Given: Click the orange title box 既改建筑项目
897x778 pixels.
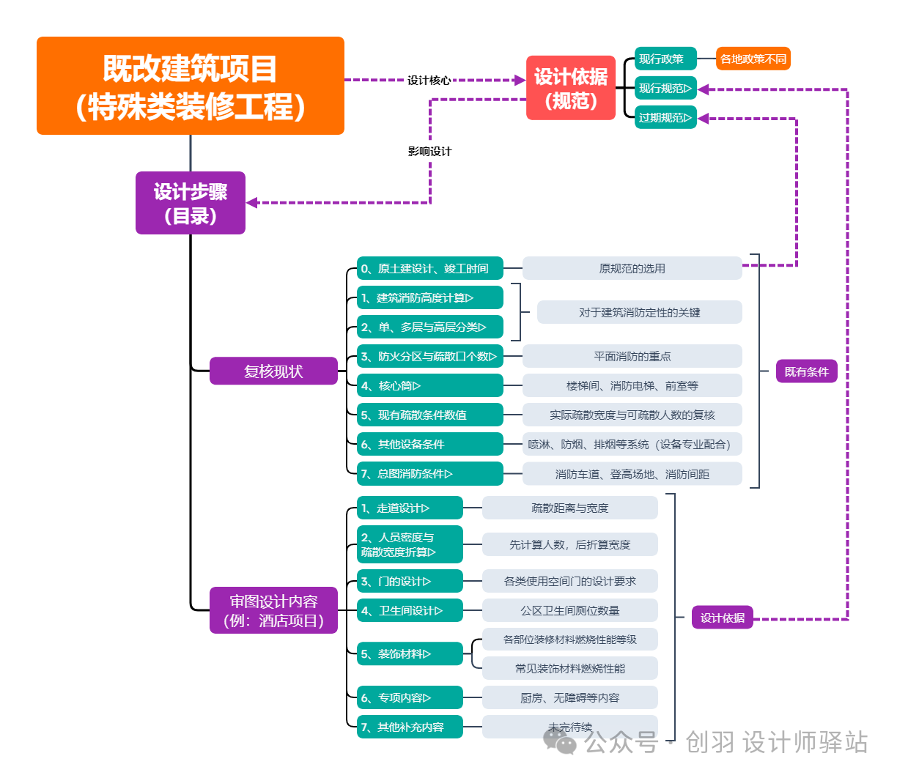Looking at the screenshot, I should click(191, 86).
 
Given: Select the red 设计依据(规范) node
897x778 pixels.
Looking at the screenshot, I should click(570, 88).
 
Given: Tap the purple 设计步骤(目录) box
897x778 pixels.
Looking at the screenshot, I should click(191, 203).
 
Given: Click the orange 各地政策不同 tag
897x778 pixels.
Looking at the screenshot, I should click(753, 59).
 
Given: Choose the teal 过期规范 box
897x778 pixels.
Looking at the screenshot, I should click(665, 117).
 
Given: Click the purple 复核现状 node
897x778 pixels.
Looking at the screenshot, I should click(273, 371).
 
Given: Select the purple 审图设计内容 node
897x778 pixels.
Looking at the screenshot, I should click(273, 611).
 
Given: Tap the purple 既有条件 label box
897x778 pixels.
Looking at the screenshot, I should click(806, 371).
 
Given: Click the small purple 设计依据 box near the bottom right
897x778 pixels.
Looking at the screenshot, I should click(722, 618).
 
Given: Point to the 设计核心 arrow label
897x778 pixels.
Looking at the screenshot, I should click(429, 80).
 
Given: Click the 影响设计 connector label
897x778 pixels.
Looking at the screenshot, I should click(429, 152).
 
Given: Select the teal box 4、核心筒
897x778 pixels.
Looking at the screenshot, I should click(429, 386).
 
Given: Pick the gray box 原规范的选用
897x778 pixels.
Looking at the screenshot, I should click(632, 269).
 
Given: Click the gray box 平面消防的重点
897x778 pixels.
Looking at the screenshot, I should click(632, 357).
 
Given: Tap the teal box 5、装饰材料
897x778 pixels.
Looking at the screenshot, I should click(410, 654).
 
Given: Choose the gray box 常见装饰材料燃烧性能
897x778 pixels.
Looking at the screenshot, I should click(569, 668).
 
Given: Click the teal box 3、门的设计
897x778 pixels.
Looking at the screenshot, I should click(410, 582).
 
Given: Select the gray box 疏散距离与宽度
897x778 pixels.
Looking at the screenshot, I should click(569, 508).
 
